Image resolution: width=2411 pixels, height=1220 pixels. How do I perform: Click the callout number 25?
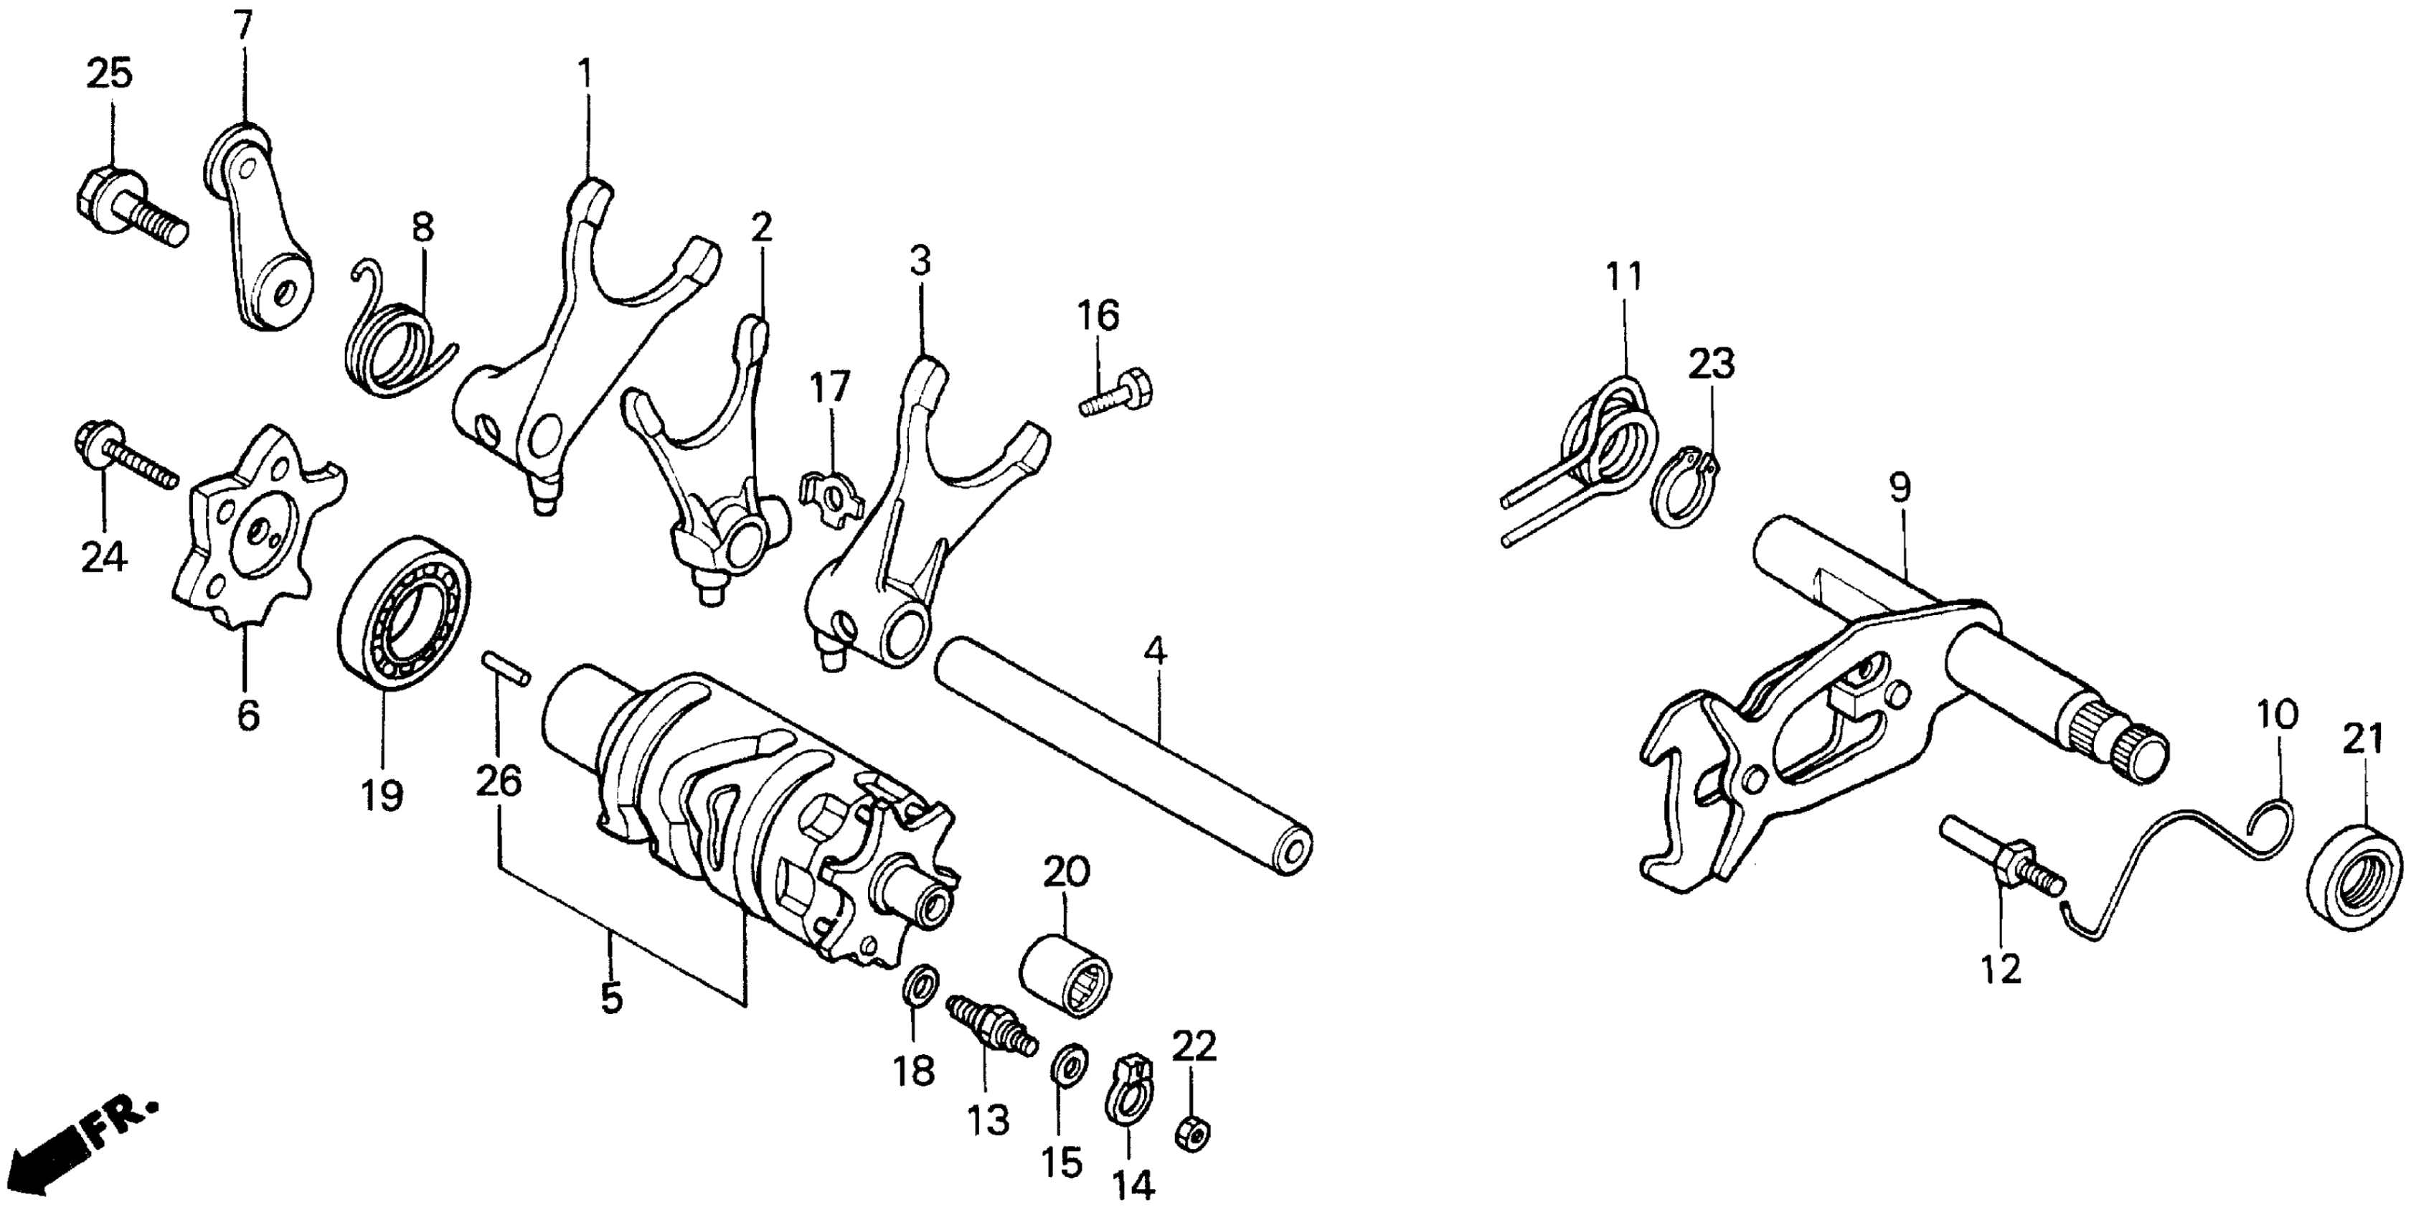(110, 74)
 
